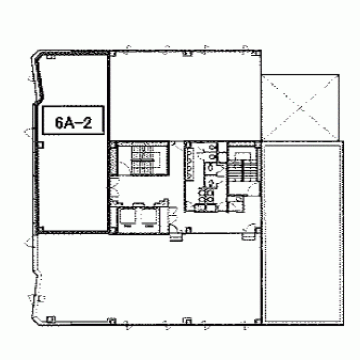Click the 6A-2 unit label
[73, 120]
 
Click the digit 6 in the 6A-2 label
[59, 122]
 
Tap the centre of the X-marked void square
[301, 107]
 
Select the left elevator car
[127, 217]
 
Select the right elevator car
[149, 217]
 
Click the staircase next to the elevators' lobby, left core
[143, 159]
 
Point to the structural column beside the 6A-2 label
[40, 145]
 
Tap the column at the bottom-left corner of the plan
[50, 319]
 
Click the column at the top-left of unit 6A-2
[50, 57]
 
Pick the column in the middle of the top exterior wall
[187, 54]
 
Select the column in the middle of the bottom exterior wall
[187, 321]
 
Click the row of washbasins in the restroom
[190, 163]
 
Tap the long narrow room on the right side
[303, 233]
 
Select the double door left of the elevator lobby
[114, 189]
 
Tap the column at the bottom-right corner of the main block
[257, 321]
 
